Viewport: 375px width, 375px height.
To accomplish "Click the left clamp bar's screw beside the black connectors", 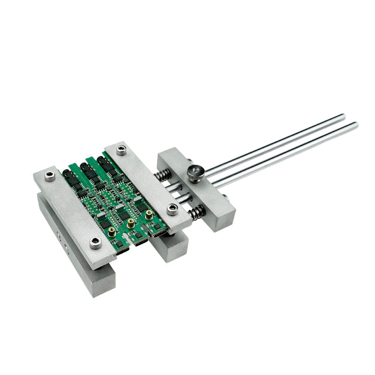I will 50,176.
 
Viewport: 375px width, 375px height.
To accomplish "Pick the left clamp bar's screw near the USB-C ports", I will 96,242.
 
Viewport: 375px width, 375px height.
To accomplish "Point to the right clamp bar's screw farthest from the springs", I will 121,150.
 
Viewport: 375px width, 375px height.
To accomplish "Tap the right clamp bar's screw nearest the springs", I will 172,209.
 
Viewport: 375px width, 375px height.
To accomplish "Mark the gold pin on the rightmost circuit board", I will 149,215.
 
